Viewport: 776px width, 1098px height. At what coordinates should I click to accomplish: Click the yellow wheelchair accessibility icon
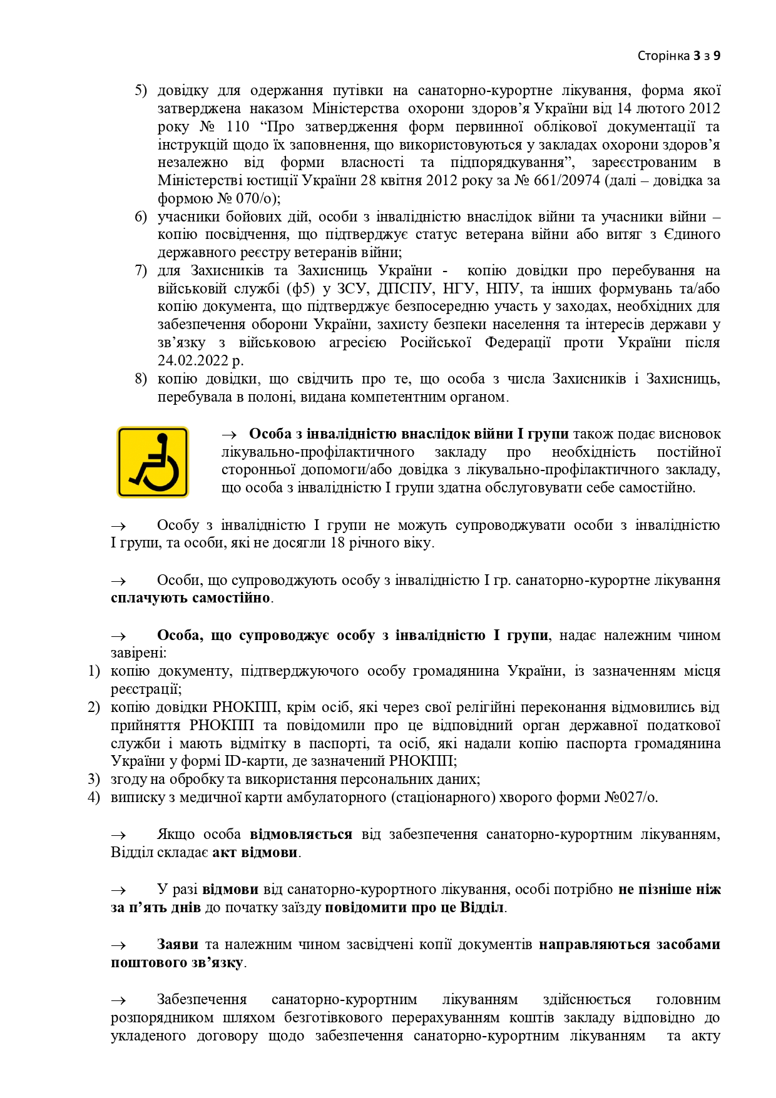[153, 462]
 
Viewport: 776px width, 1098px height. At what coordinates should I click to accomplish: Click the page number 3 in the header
[696, 56]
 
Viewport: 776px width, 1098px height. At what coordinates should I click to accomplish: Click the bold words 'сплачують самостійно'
[190, 597]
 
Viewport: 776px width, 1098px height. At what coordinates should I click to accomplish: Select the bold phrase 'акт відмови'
[255, 852]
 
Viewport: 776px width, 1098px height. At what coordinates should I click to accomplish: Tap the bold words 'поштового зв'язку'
[177, 962]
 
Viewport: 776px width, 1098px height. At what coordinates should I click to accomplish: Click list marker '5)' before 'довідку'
[141, 91]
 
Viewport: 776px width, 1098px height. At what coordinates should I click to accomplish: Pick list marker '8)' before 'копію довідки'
[141, 379]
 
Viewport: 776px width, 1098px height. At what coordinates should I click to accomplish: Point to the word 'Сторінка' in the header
[663, 56]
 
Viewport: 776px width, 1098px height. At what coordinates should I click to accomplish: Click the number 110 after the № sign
[238, 127]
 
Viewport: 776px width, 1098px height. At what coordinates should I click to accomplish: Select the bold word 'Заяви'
[178, 944]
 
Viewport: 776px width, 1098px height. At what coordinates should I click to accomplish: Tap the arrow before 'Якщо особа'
[118, 835]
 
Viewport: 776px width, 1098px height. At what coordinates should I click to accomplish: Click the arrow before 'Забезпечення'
[118, 1000]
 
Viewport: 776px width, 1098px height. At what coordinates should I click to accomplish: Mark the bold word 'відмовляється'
[301, 834]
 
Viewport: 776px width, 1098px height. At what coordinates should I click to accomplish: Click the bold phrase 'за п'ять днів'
[156, 907]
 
